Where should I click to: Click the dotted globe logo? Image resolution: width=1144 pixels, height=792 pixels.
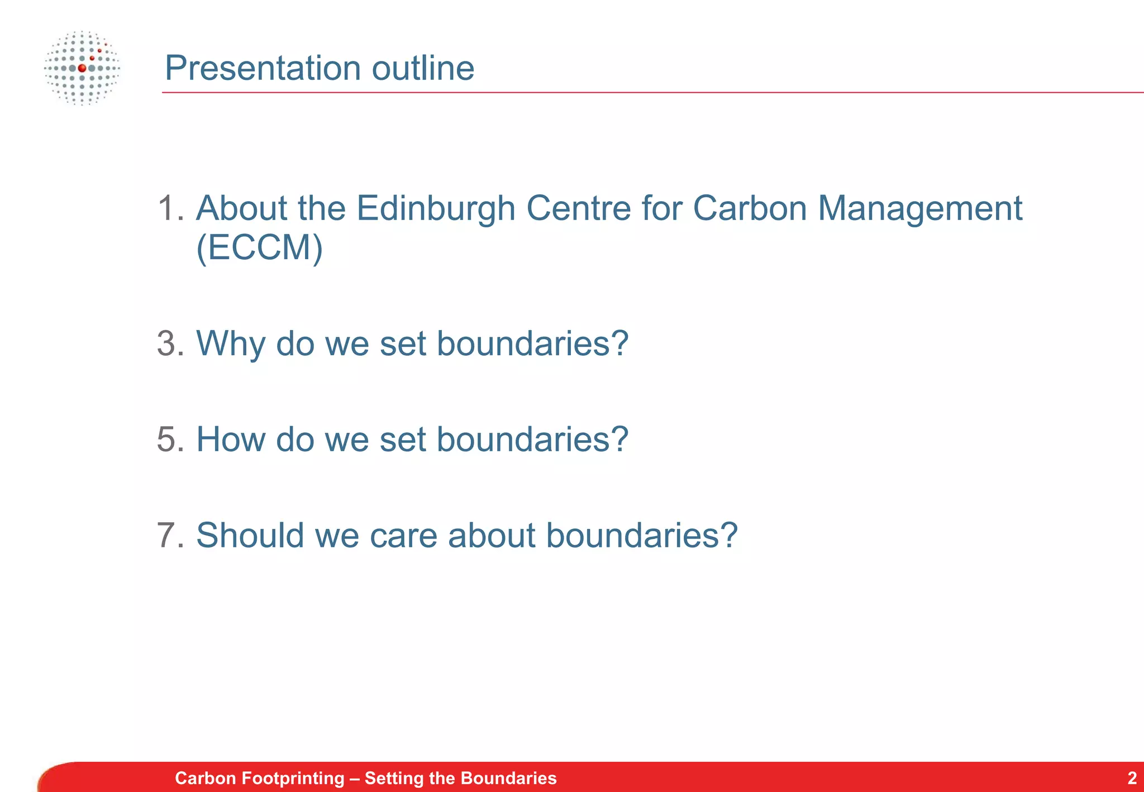point(82,68)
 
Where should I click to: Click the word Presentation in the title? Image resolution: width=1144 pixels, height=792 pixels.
point(263,68)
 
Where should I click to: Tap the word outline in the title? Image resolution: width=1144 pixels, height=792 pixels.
point(423,68)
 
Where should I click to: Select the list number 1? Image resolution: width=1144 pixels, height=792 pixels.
point(169,208)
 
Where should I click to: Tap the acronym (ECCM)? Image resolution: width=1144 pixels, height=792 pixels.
point(260,247)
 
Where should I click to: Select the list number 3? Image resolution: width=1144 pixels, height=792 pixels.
point(169,343)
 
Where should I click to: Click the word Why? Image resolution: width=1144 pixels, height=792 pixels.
point(231,344)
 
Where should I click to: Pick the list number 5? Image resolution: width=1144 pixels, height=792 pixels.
point(169,439)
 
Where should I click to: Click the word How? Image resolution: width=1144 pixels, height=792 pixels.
point(231,439)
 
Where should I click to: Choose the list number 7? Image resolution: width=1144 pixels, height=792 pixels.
point(169,535)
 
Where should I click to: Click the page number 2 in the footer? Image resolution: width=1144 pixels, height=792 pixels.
point(1132,777)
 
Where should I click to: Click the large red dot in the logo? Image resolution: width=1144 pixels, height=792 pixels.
point(82,68)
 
